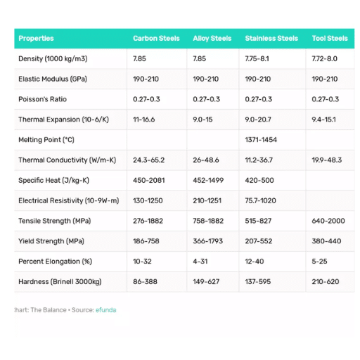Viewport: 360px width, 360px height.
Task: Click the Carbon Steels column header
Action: click(156, 39)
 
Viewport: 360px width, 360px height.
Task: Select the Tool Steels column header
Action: click(329, 39)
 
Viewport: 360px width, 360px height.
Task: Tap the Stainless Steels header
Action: click(271, 39)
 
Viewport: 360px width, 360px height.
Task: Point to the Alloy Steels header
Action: click(212, 39)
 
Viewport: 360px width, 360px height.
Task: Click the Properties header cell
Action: click(36, 39)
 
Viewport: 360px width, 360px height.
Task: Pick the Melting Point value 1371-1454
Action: click(261, 140)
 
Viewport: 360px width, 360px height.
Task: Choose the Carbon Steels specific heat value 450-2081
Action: click(148, 181)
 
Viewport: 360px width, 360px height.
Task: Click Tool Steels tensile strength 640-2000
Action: click(328, 221)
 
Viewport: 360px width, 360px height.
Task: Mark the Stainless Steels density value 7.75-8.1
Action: click(258, 59)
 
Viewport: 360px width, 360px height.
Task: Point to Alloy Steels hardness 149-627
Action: click(206, 282)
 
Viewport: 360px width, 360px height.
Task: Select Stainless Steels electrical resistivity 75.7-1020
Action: click(261, 201)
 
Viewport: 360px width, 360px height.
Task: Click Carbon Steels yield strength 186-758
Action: click(146, 242)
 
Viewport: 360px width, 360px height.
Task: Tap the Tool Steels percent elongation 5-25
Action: click(320, 262)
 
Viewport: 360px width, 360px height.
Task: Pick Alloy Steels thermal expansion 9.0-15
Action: click(202, 120)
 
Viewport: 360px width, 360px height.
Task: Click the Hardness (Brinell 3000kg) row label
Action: click(60, 282)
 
